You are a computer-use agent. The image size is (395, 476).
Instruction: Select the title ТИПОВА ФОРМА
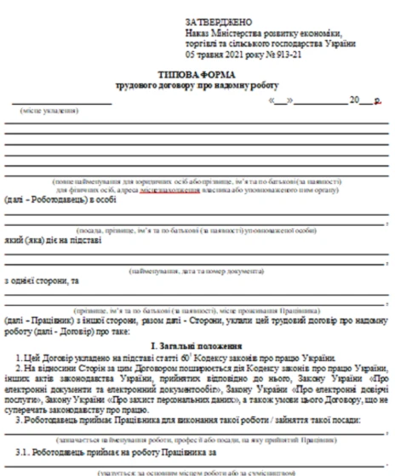(x=195, y=75)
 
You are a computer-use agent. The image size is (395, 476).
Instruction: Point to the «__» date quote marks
(x=280, y=100)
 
